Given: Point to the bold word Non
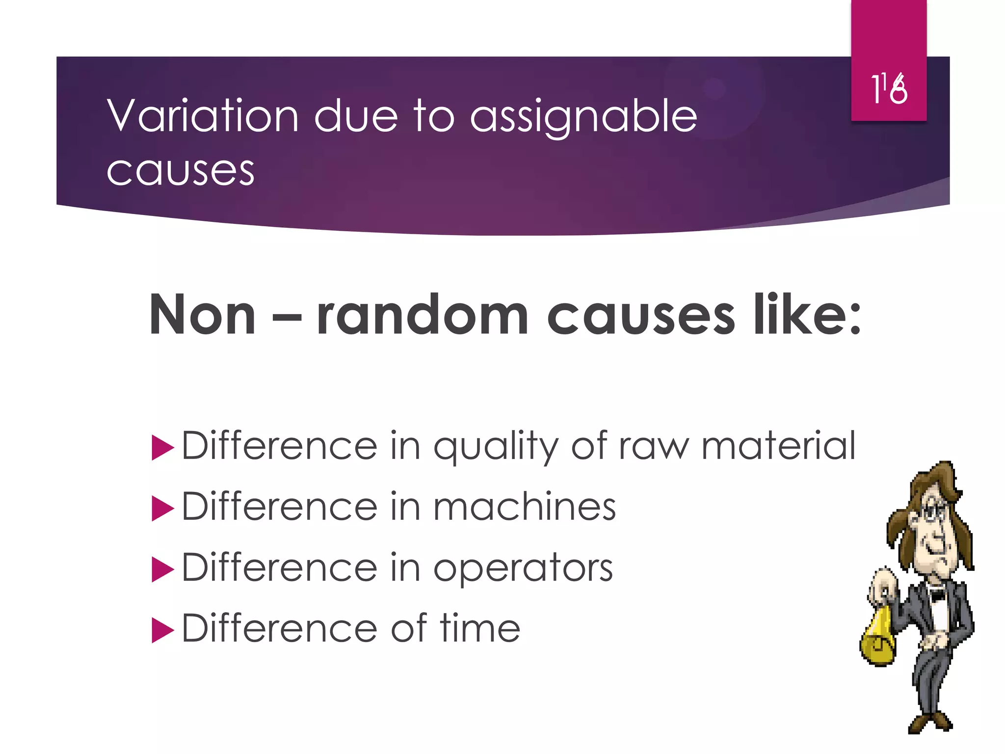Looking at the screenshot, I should tap(202, 315).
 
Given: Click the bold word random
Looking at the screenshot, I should tap(423, 315).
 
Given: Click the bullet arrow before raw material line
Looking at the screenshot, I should tap(162, 447).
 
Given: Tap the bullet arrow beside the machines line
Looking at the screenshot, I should tap(162, 508).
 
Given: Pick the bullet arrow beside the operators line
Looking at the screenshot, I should tap(162, 569).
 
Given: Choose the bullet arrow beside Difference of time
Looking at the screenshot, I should tap(162, 630).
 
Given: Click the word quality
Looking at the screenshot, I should tap(496, 447).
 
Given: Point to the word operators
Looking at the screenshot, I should tap(523, 568).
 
